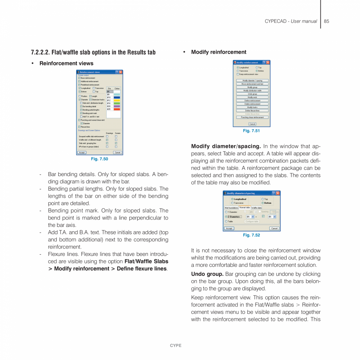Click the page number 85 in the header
click(326, 21)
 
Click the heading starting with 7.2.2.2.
click(93, 52)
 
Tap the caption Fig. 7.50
click(99, 159)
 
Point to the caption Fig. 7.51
click(251, 131)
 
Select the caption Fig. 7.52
click(251, 235)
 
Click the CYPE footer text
click(175, 346)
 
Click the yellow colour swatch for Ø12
click(117, 101)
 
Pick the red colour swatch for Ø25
click(117, 109)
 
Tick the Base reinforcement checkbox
click(79, 78)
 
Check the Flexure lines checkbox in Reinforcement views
click(79, 127)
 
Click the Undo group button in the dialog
click(252, 94)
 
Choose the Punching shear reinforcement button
click(252, 117)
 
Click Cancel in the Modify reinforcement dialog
click(252, 124)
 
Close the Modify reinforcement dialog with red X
click(268, 62)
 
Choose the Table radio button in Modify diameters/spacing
click(226, 221)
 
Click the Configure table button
click(252, 221)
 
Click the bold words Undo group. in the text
click(207, 274)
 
